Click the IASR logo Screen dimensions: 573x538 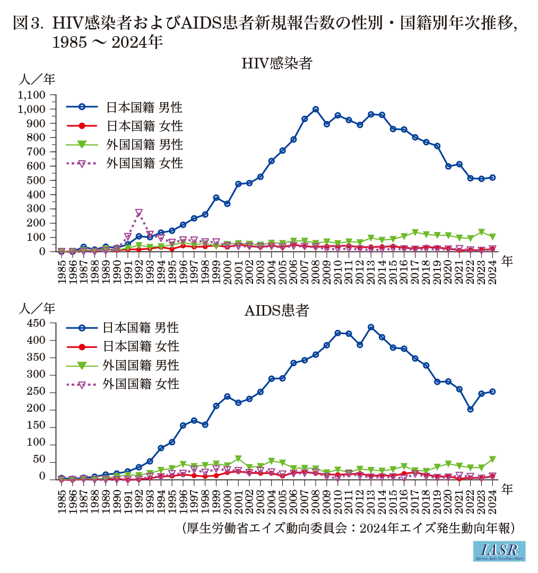click(500, 551)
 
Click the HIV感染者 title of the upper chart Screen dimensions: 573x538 click(276, 64)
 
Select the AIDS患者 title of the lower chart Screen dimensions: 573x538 click(276, 311)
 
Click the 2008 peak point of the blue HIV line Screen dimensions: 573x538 click(316, 109)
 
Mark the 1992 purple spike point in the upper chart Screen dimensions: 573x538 click(139, 213)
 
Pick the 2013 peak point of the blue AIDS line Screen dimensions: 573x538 click(370, 327)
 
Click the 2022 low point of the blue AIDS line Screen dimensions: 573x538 click(470, 409)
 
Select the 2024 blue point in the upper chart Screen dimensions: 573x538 click(492, 177)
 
